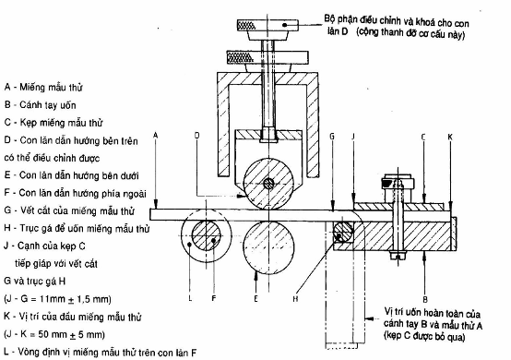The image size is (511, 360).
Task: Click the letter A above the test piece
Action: coord(156,136)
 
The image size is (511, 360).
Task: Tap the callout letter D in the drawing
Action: coord(196,136)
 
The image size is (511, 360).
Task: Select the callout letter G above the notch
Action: coord(332,137)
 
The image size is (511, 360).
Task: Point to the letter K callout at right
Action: coord(450,137)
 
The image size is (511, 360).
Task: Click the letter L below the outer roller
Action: coord(190,298)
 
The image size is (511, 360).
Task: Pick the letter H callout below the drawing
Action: coord(295,299)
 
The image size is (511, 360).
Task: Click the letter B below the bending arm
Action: coord(425,299)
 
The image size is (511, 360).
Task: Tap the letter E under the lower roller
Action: coord(256,299)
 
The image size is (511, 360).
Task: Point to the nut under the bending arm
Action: coord(398,255)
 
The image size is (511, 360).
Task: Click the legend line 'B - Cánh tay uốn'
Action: coord(40,105)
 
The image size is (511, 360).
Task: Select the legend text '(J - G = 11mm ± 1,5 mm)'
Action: coord(58,299)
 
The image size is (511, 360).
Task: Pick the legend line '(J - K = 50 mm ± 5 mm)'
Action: coord(54,334)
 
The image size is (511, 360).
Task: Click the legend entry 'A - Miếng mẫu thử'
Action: coord(43,88)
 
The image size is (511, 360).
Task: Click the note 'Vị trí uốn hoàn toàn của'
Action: coord(433,313)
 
